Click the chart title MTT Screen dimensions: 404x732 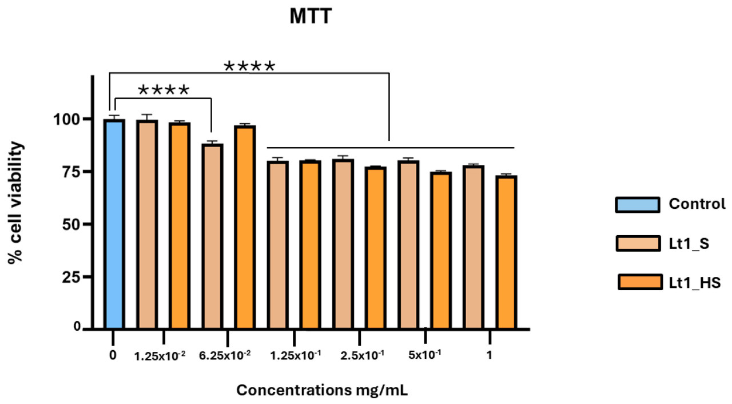[311, 18]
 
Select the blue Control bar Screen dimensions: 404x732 [114, 224]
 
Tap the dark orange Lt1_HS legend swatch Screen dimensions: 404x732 [637, 283]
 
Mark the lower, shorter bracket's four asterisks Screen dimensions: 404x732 [164, 90]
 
